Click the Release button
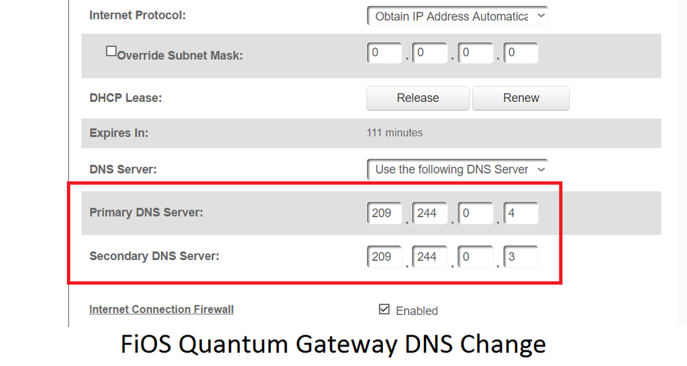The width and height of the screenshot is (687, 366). click(x=417, y=98)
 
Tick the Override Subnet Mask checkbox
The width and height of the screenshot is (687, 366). click(x=111, y=52)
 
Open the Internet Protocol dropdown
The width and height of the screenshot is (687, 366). click(x=458, y=16)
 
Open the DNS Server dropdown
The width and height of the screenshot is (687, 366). click(x=458, y=170)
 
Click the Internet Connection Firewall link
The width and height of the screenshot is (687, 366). click(x=161, y=309)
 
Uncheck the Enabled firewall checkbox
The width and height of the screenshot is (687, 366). click(x=384, y=310)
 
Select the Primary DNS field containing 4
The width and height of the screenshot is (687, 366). click(x=521, y=213)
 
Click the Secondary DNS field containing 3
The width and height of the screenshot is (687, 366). click(x=521, y=257)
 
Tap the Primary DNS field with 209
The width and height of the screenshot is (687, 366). click(x=384, y=213)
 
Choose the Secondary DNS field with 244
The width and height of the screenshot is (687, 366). click(x=430, y=257)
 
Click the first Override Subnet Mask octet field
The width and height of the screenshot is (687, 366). click(x=384, y=53)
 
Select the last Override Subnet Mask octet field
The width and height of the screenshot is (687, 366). click(x=521, y=53)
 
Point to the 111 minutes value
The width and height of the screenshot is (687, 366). click(x=394, y=133)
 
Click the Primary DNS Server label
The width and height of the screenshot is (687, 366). click(x=146, y=212)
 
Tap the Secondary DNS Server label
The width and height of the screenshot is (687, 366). click(x=154, y=256)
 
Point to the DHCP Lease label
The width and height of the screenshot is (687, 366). click(x=125, y=98)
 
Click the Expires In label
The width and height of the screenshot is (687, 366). click(x=119, y=133)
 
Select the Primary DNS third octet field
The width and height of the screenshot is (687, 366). click(x=476, y=213)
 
